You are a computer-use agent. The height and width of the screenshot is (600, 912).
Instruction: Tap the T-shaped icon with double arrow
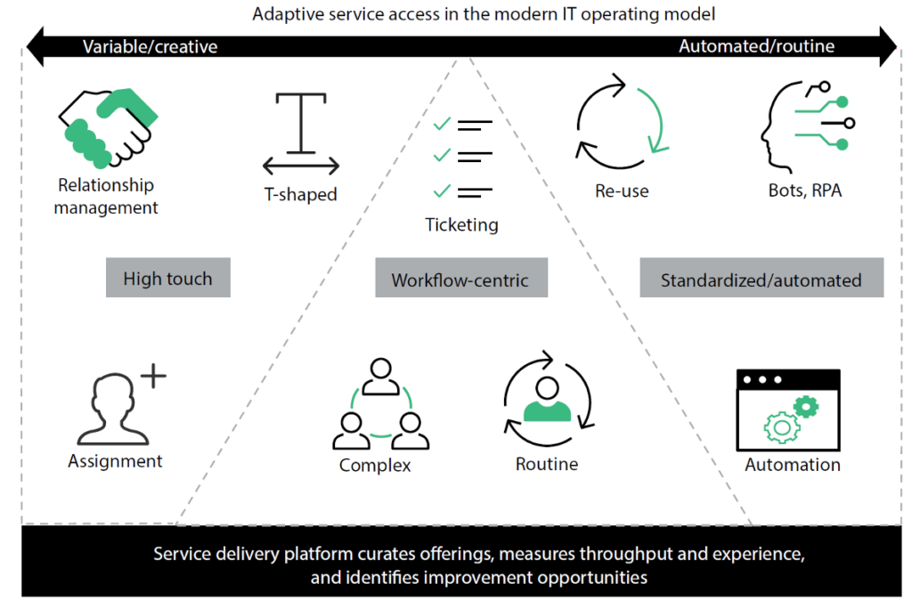(x=301, y=134)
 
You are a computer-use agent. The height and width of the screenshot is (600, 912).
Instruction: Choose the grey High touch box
(x=167, y=278)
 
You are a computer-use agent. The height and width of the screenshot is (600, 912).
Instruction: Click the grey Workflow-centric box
(x=460, y=280)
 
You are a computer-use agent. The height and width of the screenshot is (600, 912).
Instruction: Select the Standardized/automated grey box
(x=761, y=280)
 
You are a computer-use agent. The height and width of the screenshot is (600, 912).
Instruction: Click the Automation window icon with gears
(x=788, y=410)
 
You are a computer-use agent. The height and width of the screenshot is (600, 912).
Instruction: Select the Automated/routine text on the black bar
(x=756, y=46)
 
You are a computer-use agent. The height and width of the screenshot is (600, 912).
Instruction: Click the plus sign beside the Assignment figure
(x=153, y=377)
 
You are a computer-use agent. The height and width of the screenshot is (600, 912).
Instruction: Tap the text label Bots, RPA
(x=804, y=190)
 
